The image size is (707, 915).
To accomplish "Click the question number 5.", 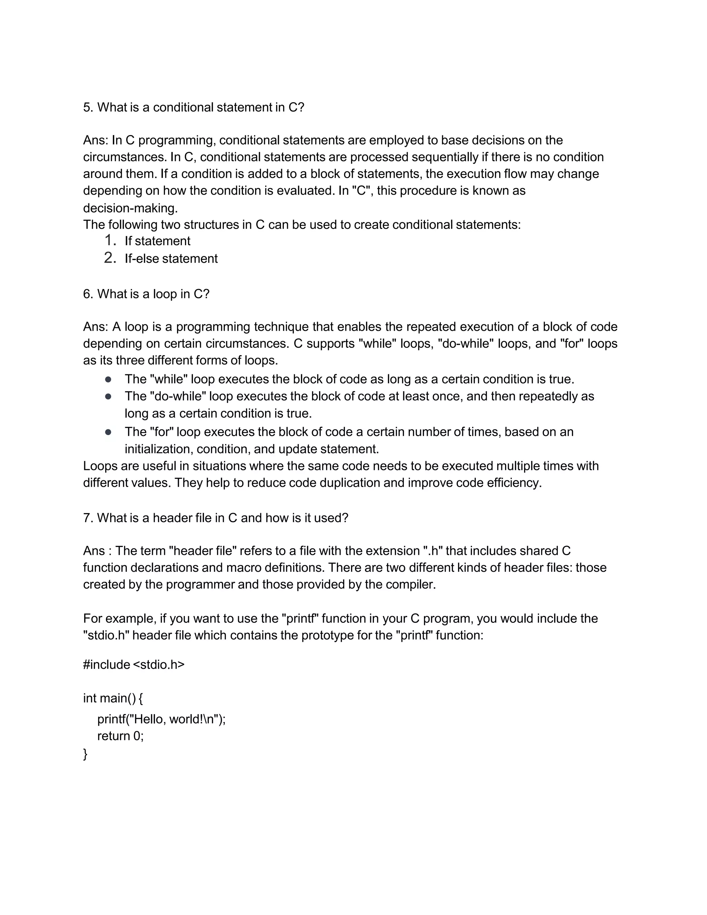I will click(88, 108).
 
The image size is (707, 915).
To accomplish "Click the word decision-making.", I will click(130, 208).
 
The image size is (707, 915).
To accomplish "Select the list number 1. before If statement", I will click(110, 240).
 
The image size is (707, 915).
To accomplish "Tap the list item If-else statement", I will click(171, 259).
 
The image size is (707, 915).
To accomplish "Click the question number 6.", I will click(88, 294).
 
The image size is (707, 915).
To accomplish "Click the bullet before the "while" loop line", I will click(108, 379).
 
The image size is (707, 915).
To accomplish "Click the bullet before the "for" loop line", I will click(108, 432).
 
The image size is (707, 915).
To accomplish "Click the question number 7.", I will click(88, 518).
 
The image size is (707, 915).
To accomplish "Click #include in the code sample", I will click(106, 665).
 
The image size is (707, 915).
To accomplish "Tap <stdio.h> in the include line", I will click(159, 665).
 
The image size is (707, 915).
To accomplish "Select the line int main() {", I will click(113, 699).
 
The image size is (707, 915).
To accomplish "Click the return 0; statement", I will click(120, 736).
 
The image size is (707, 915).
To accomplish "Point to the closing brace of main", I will click(86, 754).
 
